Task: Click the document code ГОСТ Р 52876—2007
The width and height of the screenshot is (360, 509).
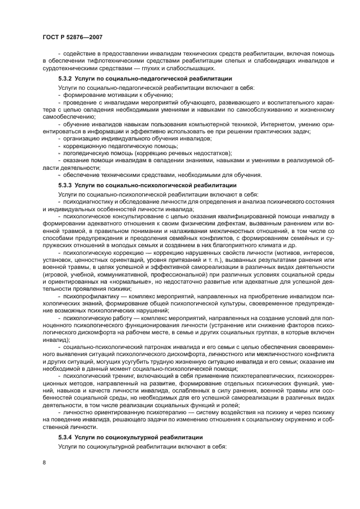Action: pyautogui.click(x=72, y=36)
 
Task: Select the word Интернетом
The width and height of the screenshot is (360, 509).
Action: pyautogui.click(x=220, y=125)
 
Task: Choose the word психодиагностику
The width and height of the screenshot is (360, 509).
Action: pyautogui.click(x=90, y=203)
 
